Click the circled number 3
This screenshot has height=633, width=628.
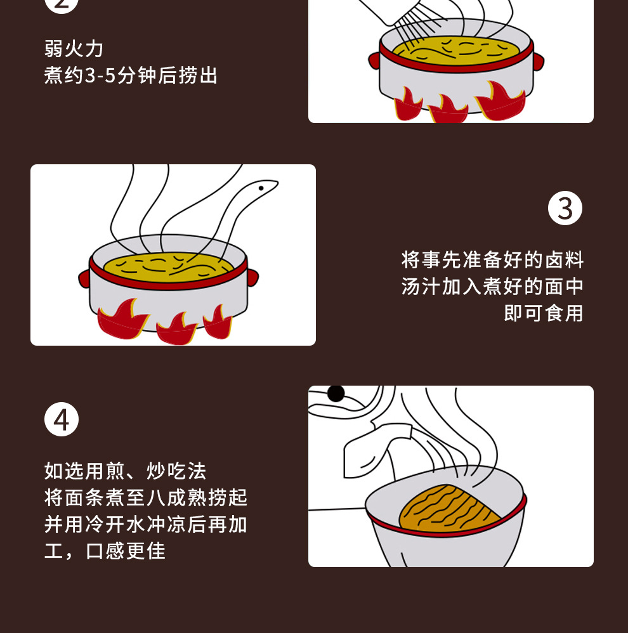tap(565, 208)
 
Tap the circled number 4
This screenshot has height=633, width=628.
tap(62, 419)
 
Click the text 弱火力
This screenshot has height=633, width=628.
tap(74, 49)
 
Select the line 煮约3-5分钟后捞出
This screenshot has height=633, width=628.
tap(131, 75)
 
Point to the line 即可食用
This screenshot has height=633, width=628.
tap(544, 313)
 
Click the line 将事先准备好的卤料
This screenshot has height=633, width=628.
tap(492, 259)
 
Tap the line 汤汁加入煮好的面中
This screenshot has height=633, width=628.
tap(492, 287)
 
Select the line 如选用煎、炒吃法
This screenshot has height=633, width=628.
tap(126, 471)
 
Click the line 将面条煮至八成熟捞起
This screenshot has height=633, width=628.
tap(146, 498)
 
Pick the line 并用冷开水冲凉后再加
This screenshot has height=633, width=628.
tap(146, 525)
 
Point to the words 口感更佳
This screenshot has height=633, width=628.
tap(126, 551)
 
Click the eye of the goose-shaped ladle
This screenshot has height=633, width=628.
tap(261, 188)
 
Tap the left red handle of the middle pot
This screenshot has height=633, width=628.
tap(84, 278)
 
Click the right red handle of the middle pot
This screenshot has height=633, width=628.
tap(253, 278)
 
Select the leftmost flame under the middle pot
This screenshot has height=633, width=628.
tap(120, 320)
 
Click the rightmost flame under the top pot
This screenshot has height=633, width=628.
tap(500, 101)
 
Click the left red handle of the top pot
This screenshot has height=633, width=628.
tap(374, 61)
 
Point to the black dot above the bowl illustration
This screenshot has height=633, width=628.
tap(336, 393)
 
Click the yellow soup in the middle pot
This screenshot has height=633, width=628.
tap(168, 267)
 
